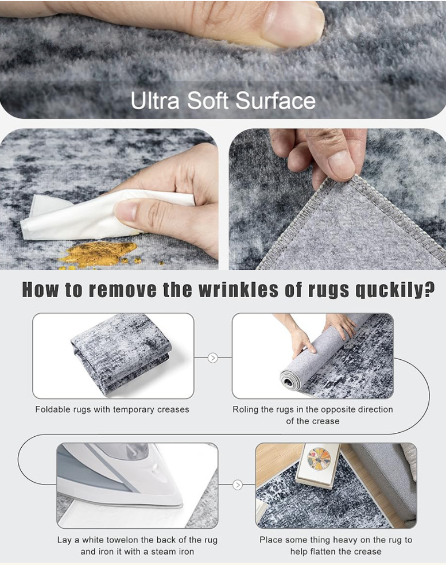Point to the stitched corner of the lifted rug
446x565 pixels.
pyautogui.click(x=355, y=178)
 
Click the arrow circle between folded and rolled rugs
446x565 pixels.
pyautogui.click(x=213, y=358)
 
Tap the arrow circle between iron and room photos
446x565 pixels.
pyautogui.click(x=238, y=485)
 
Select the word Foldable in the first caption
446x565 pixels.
pyautogui.click(x=53, y=409)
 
